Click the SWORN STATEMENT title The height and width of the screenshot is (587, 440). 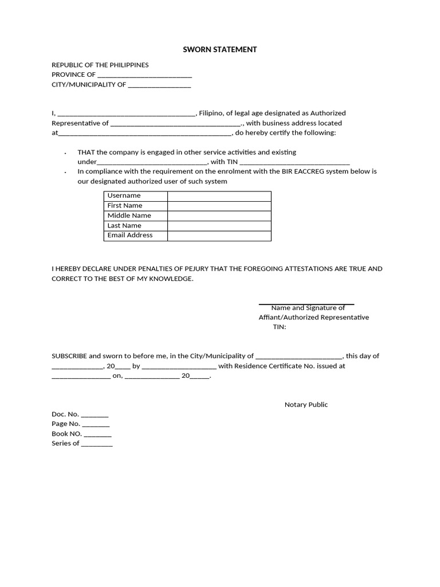(x=219, y=50)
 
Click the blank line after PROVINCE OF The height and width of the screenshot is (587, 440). (x=144, y=75)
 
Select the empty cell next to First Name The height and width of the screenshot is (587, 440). (x=219, y=206)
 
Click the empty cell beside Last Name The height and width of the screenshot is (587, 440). (x=219, y=226)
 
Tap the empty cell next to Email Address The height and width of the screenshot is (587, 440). (x=219, y=236)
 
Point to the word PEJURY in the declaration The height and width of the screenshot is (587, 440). (x=205, y=268)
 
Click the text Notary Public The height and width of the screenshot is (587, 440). (x=306, y=405)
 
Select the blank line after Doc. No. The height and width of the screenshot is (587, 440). (x=95, y=415)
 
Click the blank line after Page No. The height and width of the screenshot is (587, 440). (x=96, y=425)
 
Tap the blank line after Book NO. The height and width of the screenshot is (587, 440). (x=97, y=435)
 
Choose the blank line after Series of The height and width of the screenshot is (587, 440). (x=97, y=444)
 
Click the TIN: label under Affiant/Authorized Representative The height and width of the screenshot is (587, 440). (x=279, y=327)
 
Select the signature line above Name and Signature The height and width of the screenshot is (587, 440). (x=306, y=303)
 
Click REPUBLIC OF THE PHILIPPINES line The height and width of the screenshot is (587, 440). (x=100, y=65)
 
